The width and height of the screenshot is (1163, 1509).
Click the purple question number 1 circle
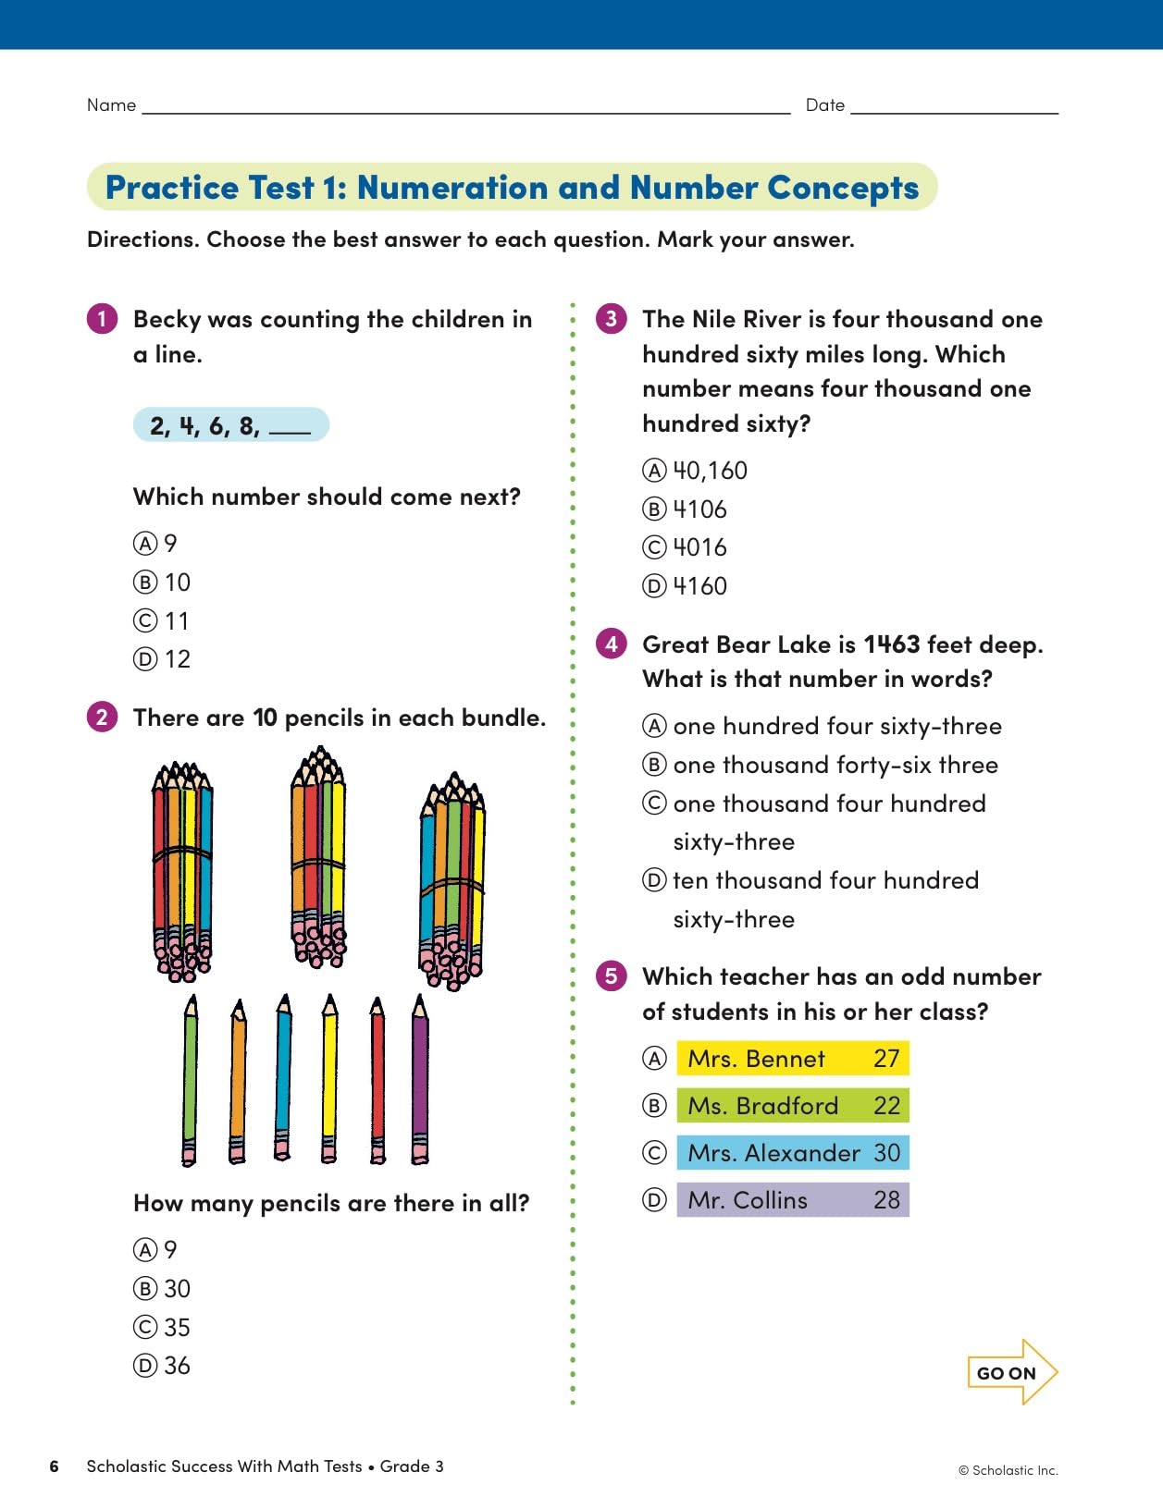tap(102, 319)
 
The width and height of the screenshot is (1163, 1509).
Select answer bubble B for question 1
tap(145, 583)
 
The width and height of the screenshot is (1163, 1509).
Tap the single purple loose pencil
tap(420, 1079)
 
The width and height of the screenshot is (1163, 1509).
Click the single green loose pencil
tap(191, 1079)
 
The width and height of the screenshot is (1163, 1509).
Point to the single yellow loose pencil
tap(329, 1079)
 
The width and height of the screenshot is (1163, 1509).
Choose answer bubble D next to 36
tap(145, 1366)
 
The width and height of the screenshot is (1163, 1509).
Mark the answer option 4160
tap(699, 586)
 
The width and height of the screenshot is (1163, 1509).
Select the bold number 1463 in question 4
tap(892, 644)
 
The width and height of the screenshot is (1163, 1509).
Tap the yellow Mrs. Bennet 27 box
tap(793, 1059)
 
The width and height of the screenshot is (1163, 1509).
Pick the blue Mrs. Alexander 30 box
tap(793, 1153)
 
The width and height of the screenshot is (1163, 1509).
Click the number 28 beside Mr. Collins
tap(886, 1200)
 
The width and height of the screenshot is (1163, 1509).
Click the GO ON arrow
tap(1011, 1373)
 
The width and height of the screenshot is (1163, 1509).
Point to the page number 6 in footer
tap(55, 1466)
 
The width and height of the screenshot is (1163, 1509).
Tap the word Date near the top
tap(825, 105)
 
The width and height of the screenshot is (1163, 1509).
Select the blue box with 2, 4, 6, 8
tap(230, 425)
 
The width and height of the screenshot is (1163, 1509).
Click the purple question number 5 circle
tap(611, 976)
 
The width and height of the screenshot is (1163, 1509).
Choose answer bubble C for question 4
tap(654, 804)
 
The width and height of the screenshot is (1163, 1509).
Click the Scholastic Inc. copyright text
tap(1008, 1470)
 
